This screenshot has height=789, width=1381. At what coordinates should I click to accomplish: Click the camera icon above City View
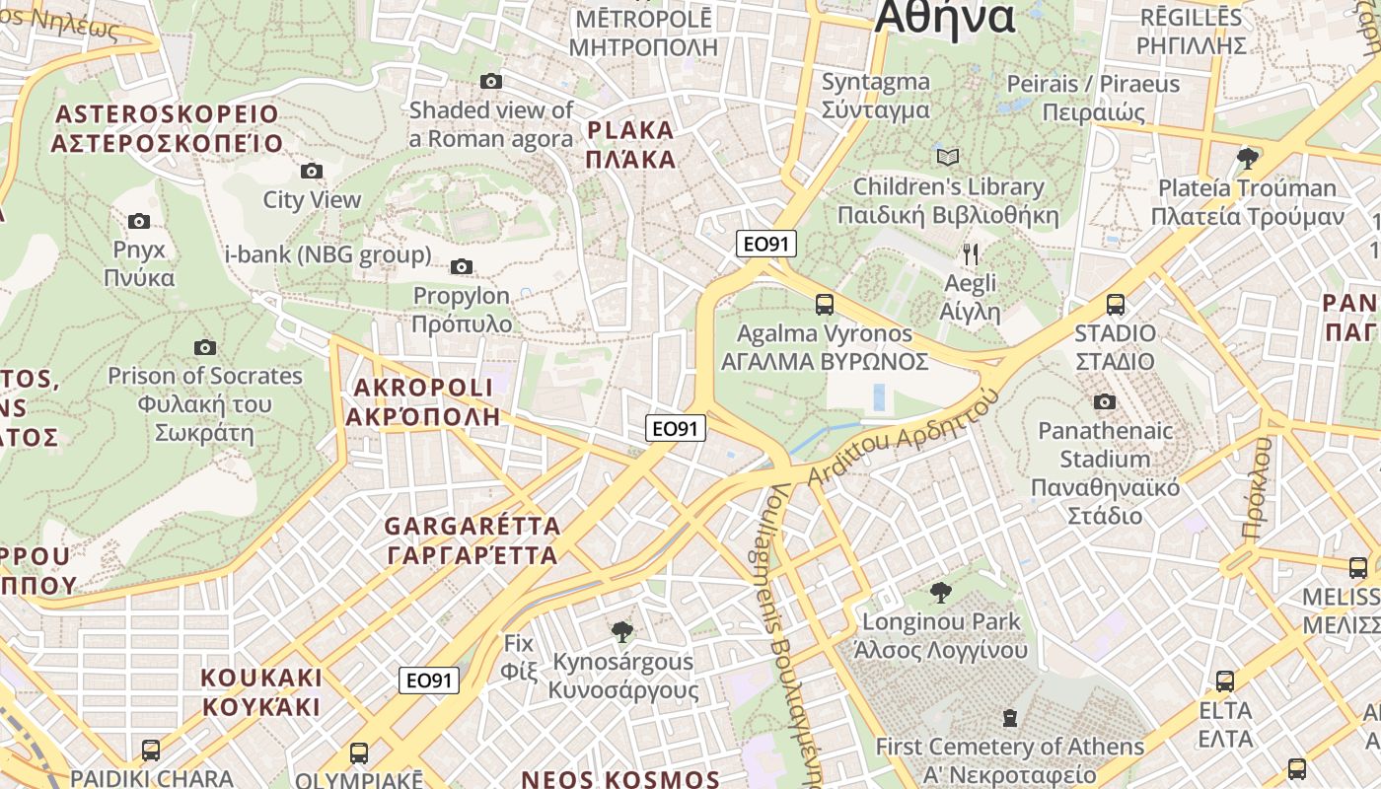coord(312,172)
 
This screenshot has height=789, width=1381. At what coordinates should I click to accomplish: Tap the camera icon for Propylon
coord(461,267)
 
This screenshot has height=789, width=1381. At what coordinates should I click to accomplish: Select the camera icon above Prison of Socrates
coord(205,347)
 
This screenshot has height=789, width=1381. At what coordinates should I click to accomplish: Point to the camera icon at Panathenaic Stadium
coord(1105,401)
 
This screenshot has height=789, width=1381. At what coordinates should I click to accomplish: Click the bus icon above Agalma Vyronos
coord(825,305)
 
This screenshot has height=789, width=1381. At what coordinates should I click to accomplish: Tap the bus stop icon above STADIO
coord(1116,305)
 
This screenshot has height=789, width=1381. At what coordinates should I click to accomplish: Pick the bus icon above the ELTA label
coord(1224,681)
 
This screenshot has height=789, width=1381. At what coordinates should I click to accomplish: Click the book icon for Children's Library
coord(947,158)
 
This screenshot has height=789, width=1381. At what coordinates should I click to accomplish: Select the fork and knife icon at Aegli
coord(971,254)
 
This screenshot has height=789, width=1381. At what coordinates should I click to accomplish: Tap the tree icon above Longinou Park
coord(941,593)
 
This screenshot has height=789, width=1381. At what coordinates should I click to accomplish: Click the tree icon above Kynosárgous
coord(622,631)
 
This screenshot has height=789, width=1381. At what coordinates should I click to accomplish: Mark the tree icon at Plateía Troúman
coord(1248,158)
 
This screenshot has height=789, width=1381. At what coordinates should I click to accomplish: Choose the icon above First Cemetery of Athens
coord(1009,717)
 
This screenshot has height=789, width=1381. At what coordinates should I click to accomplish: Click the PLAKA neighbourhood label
coord(631,145)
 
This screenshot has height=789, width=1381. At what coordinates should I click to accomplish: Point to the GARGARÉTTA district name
coord(472,540)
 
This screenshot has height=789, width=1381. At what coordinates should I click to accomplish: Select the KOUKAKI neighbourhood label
coord(261,692)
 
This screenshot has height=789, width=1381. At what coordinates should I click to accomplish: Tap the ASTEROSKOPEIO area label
coord(168,128)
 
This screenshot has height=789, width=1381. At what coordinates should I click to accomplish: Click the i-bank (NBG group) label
coord(328,255)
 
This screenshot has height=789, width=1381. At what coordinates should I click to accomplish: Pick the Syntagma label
coord(876,96)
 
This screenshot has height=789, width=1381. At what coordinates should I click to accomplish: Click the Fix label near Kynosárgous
coord(519,657)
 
